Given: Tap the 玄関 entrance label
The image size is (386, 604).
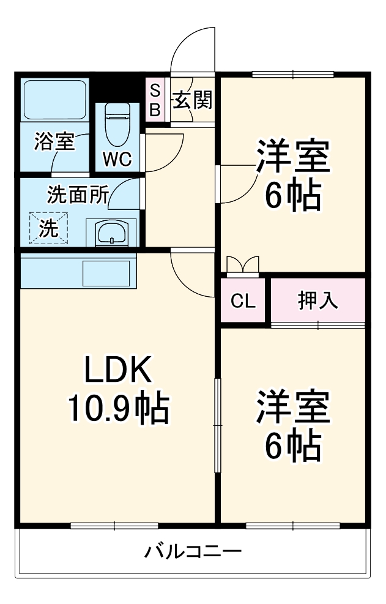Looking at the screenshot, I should [x=192, y=100].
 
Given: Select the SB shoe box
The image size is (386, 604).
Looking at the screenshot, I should [x=155, y=100].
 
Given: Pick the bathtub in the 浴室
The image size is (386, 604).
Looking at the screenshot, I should [x=54, y=99].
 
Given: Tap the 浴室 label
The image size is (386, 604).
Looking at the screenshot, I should [x=54, y=142].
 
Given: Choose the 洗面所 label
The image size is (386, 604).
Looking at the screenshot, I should [x=78, y=195].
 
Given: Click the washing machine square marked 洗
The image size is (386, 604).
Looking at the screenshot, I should [x=48, y=228].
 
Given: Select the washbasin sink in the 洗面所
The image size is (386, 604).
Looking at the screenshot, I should [x=112, y=233].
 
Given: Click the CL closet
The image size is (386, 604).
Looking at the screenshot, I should [x=243, y=300].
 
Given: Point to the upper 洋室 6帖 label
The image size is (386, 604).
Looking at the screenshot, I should [x=293, y=176].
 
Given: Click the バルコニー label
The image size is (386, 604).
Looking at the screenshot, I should [x=193, y=552].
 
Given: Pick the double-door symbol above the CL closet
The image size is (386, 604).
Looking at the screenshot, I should [x=243, y=264].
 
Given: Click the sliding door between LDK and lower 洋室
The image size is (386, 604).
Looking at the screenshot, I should [x=217, y=425].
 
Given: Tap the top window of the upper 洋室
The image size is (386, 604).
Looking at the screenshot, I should [x=293, y=75].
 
